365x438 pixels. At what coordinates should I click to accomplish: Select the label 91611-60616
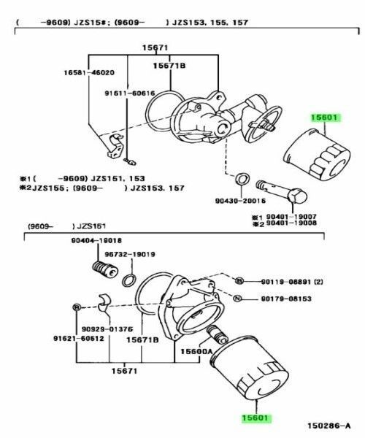point(128,93)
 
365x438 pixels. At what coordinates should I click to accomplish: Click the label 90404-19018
point(96,241)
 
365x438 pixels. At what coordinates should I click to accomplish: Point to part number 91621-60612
point(77,338)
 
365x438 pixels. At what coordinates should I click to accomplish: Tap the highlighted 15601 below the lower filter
point(256,418)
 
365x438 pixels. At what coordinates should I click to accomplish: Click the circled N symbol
point(237,299)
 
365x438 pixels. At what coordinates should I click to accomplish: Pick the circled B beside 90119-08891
point(239,281)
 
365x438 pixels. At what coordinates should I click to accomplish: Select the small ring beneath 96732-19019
point(128,280)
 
